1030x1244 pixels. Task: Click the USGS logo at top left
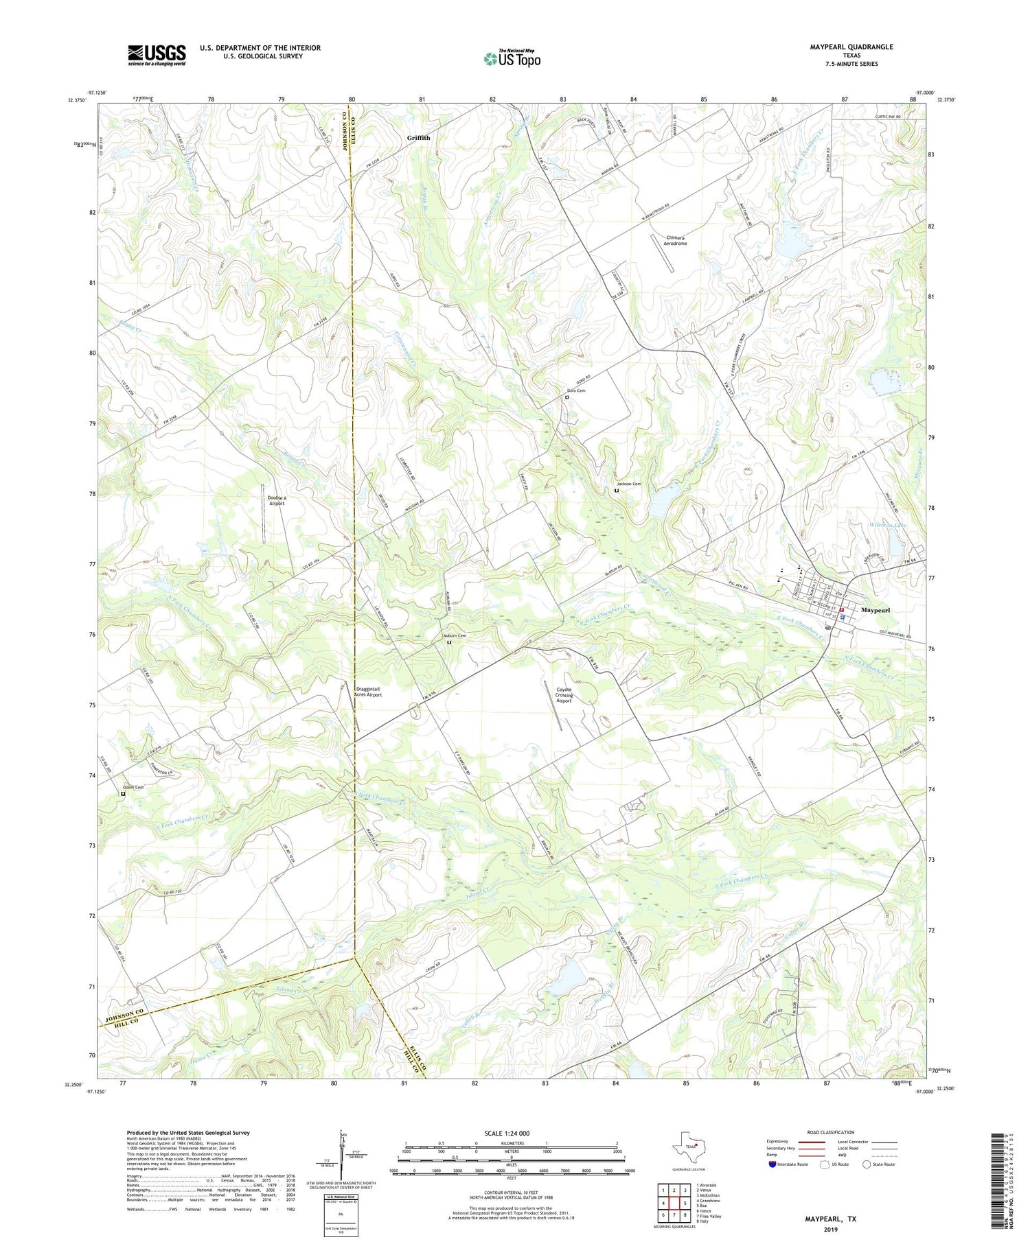tap(157, 55)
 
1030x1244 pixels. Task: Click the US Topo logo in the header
tap(512, 59)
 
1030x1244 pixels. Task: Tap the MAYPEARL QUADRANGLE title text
tap(851, 47)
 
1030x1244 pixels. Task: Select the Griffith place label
tap(418, 138)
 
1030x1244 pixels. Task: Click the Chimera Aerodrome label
tap(676, 240)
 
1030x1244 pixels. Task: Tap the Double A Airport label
tap(277, 500)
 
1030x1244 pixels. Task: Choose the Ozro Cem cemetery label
tap(575, 390)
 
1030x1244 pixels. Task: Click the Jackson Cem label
tap(628, 484)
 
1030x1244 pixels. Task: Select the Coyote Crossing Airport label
tap(564, 695)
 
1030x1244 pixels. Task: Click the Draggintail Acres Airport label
tap(368, 692)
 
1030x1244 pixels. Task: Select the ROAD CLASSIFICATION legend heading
tap(830, 1132)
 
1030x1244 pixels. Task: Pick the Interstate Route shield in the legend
tap(772, 1164)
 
